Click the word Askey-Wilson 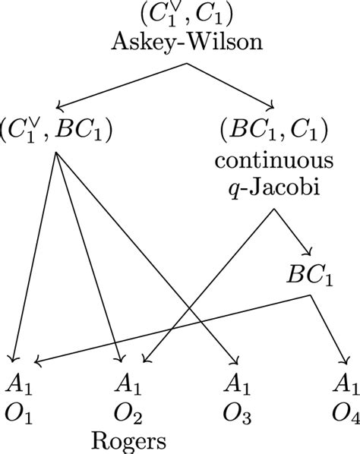pos(180,43)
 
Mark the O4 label pos(346,415)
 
